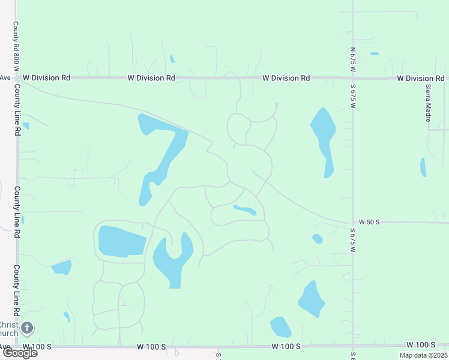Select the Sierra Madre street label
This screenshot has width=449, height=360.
click(429, 101)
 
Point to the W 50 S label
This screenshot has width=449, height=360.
click(369, 222)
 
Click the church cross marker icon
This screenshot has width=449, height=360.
click(26, 328)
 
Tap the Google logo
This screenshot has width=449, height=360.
click(20, 353)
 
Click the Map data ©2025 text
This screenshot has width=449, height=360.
click(423, 355)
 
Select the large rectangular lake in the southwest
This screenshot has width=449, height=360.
click(121, 241)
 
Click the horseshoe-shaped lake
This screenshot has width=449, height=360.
click(172, 259)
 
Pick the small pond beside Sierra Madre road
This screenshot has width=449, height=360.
click(423, 167)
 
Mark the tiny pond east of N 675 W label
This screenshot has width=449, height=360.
click(375, 54)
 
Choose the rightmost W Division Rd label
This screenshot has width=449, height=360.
click(420, 78)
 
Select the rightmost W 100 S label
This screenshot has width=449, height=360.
click(420, 344)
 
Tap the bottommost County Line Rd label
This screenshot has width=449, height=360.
click(17, 286)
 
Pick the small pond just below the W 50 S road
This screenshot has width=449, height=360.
click(318, 239)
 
